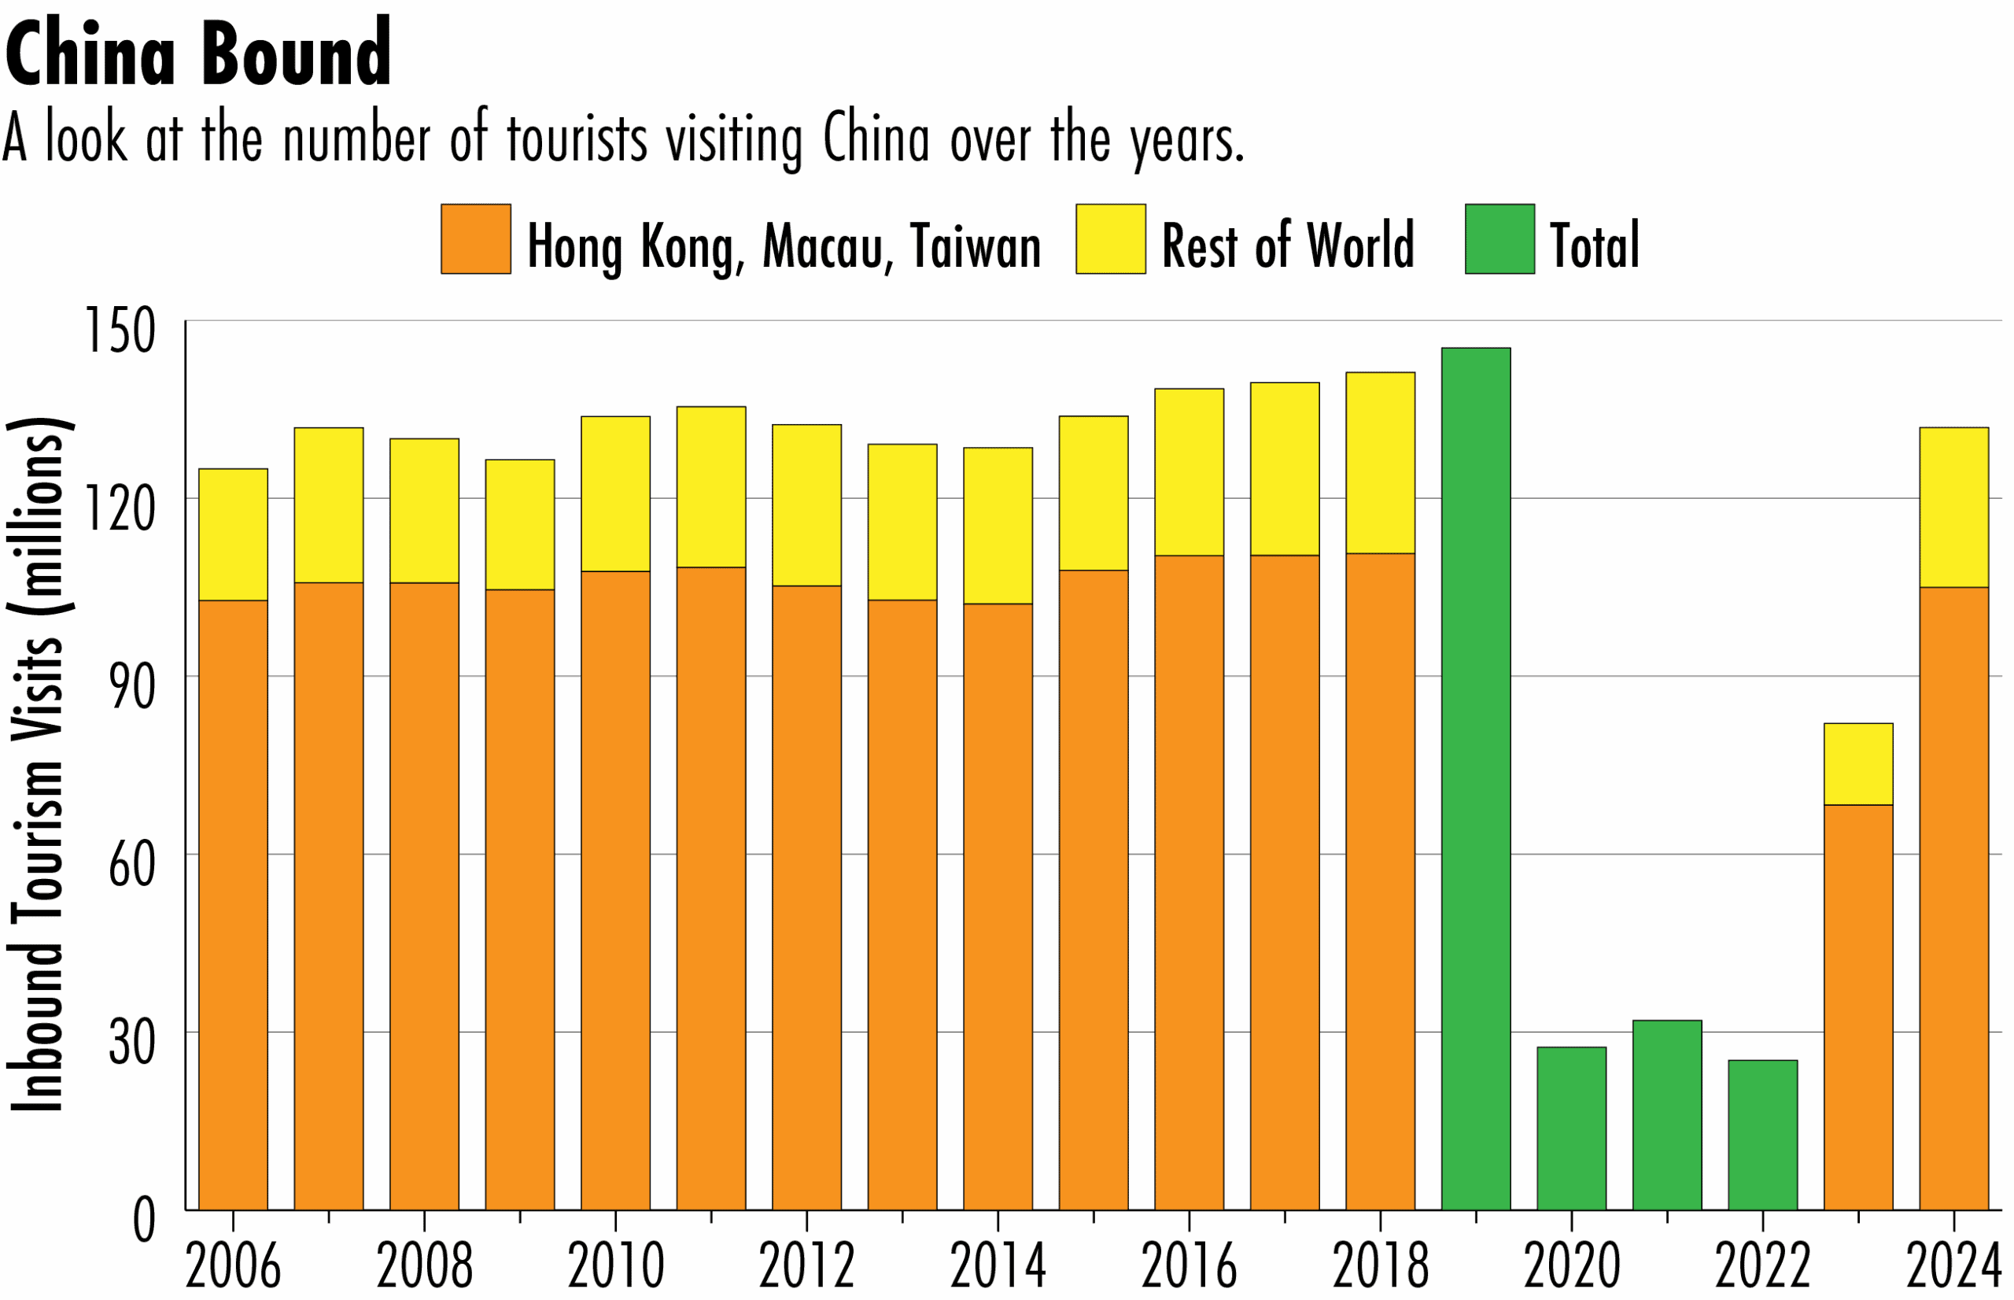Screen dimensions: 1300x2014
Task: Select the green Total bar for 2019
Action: click(x=1476, y=777)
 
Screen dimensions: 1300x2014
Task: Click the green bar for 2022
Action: click(x=1762, y=1135)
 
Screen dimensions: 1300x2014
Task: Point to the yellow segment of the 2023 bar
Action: click(x=1858, y=764)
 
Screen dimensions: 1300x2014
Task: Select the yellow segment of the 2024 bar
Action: click(x=1954, y=508)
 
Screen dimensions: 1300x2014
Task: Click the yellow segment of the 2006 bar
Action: click(x=233, y=534)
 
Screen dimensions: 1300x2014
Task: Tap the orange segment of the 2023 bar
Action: click(x=1858, y=1007)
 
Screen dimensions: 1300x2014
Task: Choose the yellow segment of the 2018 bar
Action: click(x=1381, y=463)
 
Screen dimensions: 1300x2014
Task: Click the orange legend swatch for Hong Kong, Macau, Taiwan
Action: click(x=476, y=239)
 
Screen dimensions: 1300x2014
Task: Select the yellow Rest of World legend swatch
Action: click(x=1110, y=239)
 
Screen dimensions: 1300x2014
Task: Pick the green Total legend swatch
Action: click(x=1499, y=239)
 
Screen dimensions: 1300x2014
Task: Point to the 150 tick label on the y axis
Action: click(x=120, y=331)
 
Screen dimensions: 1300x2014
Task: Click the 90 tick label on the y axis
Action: click(x=132, y=687)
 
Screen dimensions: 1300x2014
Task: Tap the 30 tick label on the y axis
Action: click(x=132, y=1043)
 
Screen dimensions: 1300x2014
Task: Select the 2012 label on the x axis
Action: click(x=806, y=1266)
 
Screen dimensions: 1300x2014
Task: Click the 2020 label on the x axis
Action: click(x=1571, y=1266)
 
